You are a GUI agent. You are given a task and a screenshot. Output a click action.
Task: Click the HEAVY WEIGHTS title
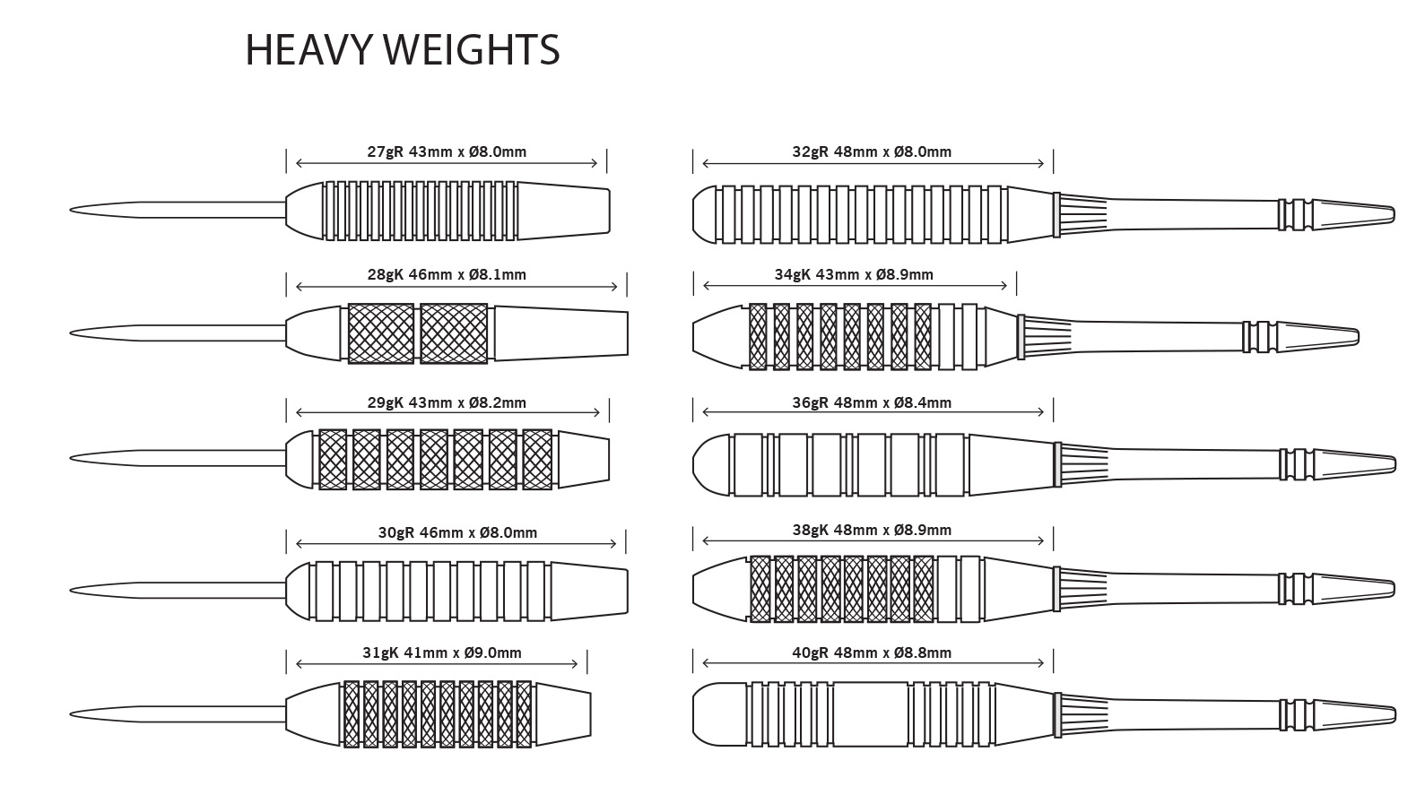tap(402, 49)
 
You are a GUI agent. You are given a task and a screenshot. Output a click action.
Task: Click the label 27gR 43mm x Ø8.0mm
tap(447, 152)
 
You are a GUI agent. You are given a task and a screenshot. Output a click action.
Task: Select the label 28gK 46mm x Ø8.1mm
tap(447, 275)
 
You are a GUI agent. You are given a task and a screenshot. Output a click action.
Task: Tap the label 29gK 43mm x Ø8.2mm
tap(447, 402)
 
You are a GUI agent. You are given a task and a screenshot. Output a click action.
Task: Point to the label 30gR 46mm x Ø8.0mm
tap(457, 533)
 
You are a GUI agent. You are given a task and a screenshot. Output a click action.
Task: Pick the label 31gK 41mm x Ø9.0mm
tap(442, 653)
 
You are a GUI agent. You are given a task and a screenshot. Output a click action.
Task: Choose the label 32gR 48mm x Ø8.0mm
tap(872, 152)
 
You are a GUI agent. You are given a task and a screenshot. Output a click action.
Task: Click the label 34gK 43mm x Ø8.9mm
tap(854, 275)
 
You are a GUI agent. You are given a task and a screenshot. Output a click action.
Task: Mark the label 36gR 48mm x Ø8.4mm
tap(872, 402)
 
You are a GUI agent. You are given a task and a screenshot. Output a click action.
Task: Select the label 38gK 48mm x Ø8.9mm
tap(872, 531)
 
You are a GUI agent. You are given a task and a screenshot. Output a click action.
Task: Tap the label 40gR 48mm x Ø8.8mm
tap(872, 653)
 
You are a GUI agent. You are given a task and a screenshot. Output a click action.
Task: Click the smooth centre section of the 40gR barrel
tap(870, 714)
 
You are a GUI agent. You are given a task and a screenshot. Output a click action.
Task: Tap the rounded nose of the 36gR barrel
tap(711, 465)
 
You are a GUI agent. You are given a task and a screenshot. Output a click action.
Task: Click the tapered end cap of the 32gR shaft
tap(1353, 213)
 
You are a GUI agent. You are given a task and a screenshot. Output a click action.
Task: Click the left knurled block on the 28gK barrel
tap(381, 334)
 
